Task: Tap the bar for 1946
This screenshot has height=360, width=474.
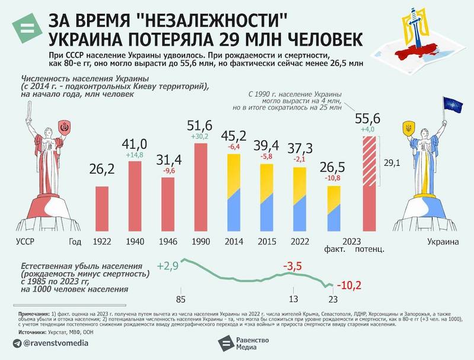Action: point(168,203)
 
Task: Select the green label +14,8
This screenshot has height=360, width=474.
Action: point(135,155)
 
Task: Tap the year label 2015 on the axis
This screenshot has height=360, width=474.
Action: point(267,242)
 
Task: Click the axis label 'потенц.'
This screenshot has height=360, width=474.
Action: point(370,249)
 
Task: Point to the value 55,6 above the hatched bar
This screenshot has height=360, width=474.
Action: point(367,118)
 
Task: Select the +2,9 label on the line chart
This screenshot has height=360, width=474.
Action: point(168,266)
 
